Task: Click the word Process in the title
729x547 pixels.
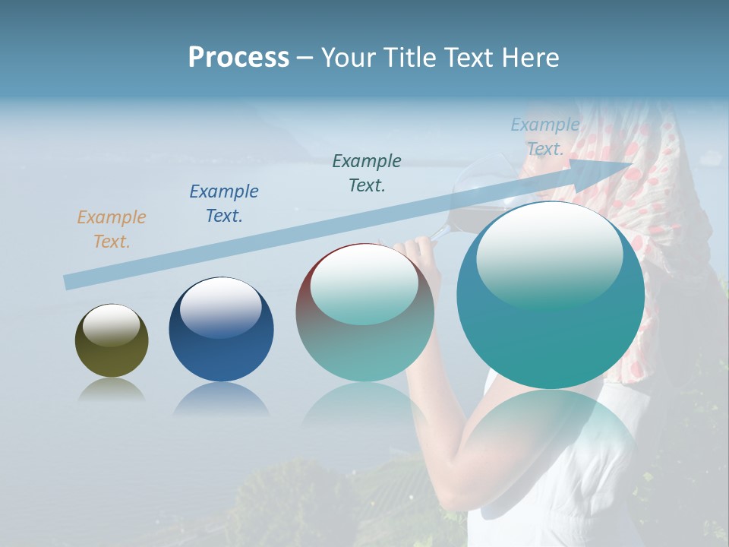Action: click(238, 57)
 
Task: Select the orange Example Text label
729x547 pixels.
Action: click(112, 229)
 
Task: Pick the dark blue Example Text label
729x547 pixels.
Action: click(224, 204)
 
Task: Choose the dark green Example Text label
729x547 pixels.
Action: click(367, 173)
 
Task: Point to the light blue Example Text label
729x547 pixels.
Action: click(544, 137)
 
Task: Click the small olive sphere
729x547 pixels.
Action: click(112, 341)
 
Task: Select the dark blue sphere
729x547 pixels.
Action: click(221, 330)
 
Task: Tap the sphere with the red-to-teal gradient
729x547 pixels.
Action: click(364, 313)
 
